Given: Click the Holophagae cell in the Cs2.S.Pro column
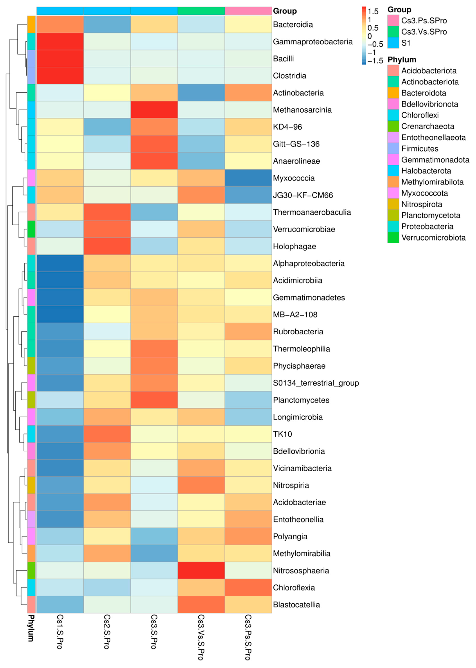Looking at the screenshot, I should coord(107,246).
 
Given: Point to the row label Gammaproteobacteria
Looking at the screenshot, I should coord(312,42).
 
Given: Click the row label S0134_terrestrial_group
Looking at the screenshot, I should coord(316,383).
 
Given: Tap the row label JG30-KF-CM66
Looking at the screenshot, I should coord(303,195).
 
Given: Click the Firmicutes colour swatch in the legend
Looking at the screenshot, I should coord(393,149).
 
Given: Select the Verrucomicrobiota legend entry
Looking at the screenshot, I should coord(433,238).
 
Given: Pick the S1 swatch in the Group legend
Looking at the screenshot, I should coord(393,43).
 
